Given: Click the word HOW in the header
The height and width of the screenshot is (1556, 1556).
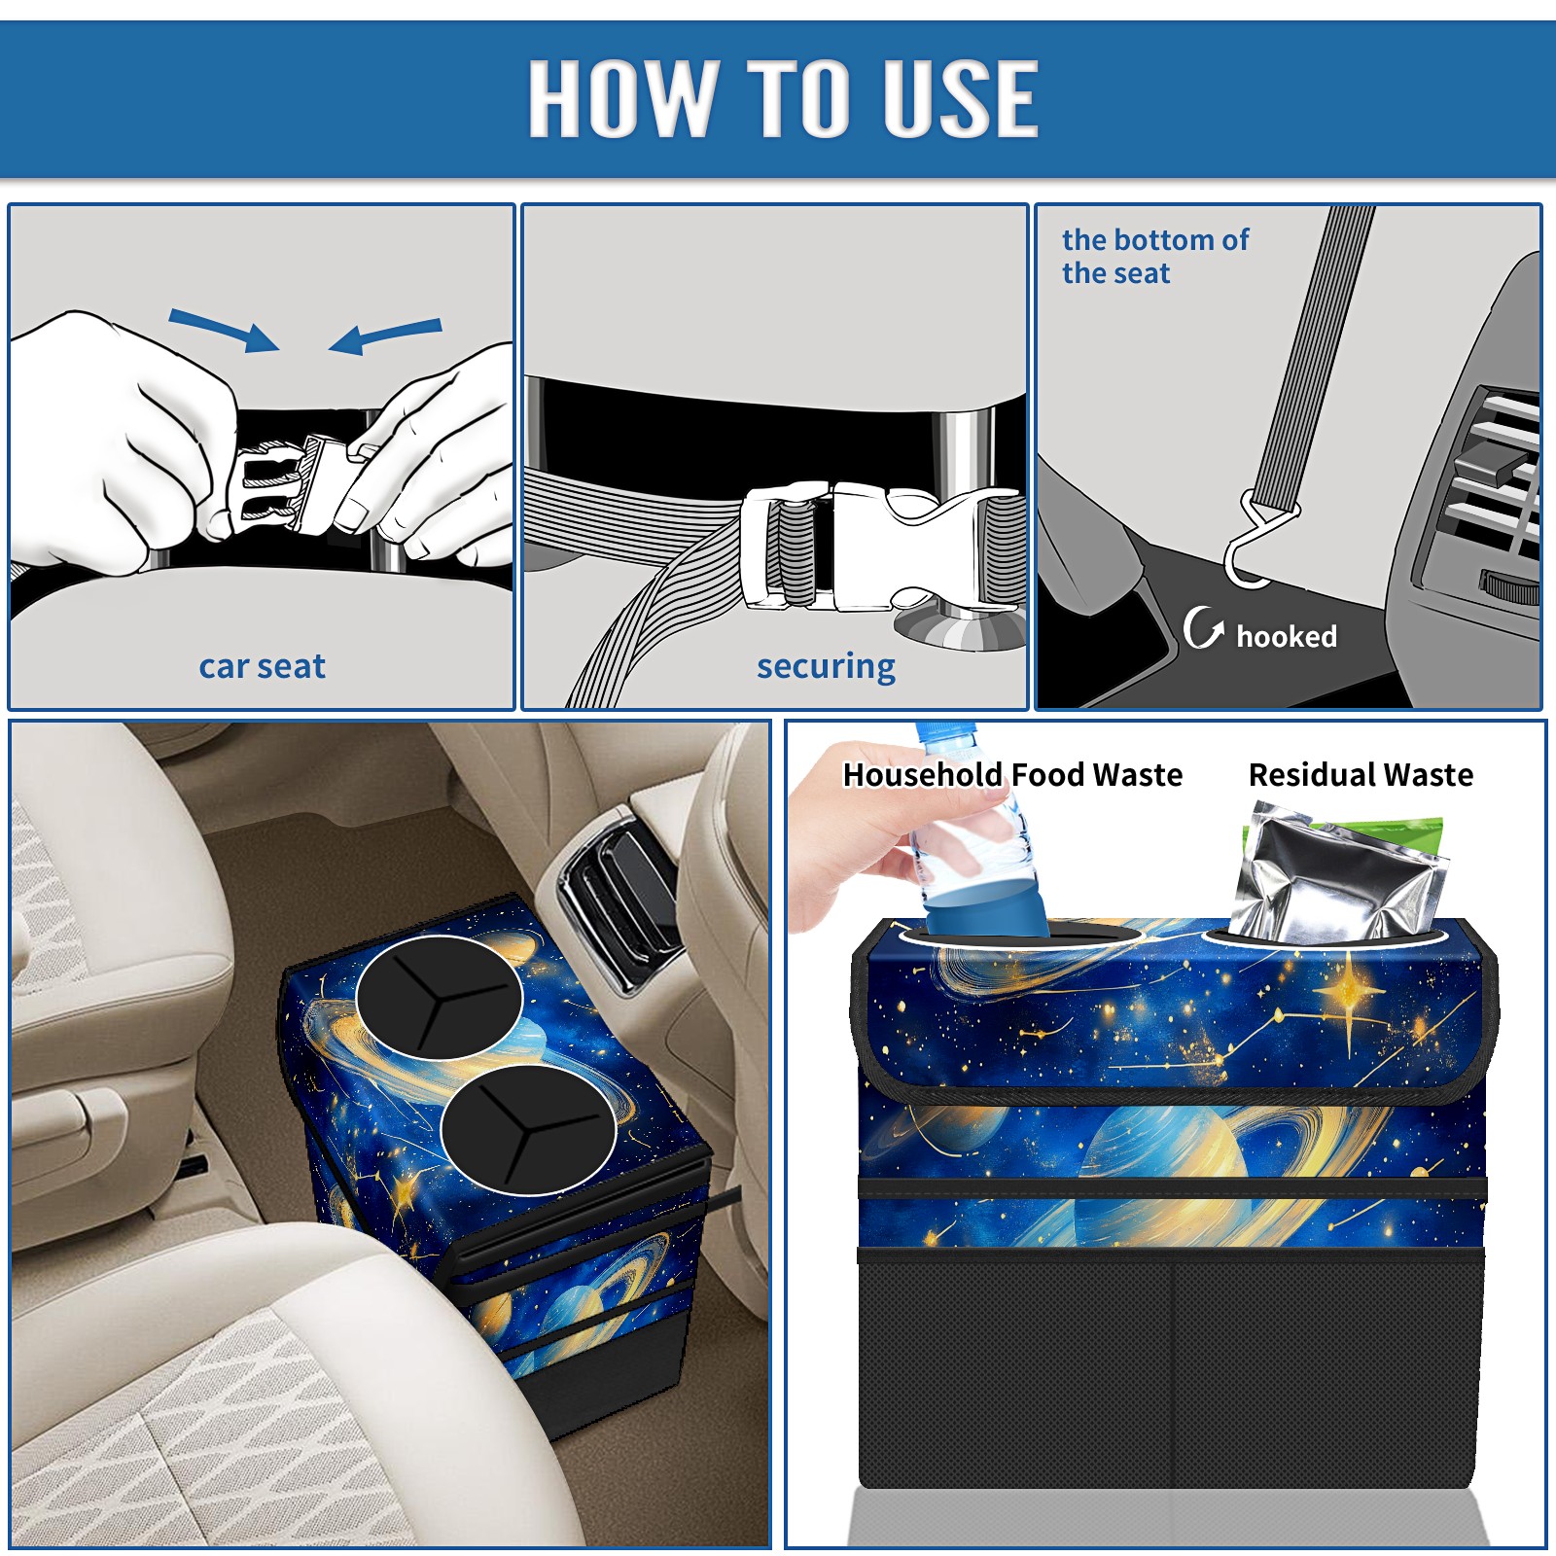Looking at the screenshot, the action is pos(623,97).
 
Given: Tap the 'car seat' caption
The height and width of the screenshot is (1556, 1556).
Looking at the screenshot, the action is pos(262,666).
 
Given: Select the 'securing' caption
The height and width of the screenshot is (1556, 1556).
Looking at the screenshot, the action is pos(826,667).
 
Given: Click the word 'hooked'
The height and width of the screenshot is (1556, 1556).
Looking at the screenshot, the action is pos(1287,636).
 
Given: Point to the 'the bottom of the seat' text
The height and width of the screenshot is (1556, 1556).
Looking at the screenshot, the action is pos(1154,256).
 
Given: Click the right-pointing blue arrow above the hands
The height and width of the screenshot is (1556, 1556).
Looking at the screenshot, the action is pos(224,330).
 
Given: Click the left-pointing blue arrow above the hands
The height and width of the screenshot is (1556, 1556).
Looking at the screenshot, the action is pos(385,336).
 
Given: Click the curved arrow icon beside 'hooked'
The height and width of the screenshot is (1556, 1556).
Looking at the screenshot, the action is pos(1202,627).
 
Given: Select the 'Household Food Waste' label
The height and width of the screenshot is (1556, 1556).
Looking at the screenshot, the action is pos(1012,774).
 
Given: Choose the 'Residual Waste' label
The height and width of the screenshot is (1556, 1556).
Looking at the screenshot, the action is pos(1361,774).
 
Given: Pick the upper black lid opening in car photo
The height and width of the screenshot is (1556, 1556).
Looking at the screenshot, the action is pos(439,997).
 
